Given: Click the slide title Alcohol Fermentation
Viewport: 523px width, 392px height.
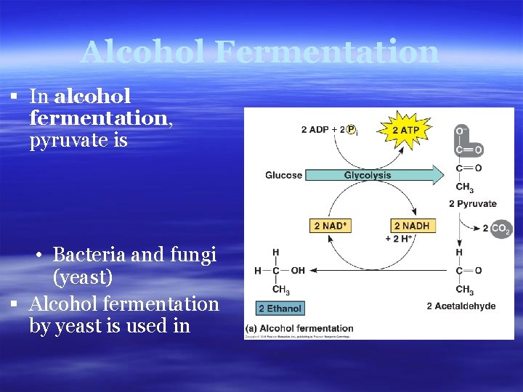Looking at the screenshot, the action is click(x=260, y=52).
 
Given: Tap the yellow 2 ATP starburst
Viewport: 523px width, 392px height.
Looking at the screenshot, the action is click(x=405, y=131).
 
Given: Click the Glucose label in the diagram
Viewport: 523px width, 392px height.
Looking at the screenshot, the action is click(x=283, y=175).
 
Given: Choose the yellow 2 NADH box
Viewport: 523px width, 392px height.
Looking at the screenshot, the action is click(x=411, y=226).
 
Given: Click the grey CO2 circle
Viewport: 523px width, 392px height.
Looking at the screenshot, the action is click(x=500, y=229).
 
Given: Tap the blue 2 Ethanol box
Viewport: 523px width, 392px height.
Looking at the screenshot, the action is click(x=280, y=308).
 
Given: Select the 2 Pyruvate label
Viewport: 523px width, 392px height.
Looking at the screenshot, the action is click(x=473, y=204).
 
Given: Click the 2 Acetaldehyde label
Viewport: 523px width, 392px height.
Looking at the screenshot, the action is click(x=461, y=306).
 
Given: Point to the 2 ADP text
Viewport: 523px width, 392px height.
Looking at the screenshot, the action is click(x=315, y=130).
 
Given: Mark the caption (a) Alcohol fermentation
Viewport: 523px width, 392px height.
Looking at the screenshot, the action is click(x=299, y=329).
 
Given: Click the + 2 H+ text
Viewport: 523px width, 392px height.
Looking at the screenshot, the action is click(x=400, y=238).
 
